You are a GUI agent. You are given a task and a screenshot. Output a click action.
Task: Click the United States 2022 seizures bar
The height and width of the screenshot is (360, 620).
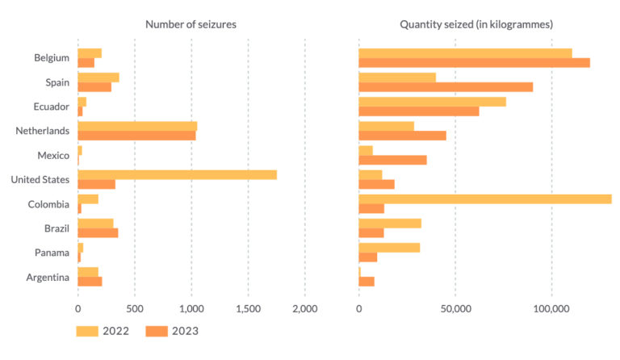tap(177, 174)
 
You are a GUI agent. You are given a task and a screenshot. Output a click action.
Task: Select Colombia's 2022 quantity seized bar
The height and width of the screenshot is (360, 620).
tap(484, 199)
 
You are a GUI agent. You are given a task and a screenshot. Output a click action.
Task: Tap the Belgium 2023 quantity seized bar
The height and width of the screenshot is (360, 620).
tap(474, 63)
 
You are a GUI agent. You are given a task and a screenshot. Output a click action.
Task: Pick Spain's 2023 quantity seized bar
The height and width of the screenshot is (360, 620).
tap(445, 87)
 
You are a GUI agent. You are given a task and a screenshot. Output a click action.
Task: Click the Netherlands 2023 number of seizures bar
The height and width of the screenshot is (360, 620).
tap(136, 136)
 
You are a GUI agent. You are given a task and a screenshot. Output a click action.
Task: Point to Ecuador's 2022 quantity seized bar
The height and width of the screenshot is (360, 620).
tap(432, 102)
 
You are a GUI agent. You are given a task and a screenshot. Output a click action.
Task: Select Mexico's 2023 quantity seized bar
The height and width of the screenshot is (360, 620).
tap(392, 160)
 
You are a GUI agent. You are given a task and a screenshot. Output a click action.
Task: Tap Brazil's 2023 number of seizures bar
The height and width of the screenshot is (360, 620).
tap(98, 232)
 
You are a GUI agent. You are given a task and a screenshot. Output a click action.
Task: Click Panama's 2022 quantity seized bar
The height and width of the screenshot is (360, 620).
tap(389, 247)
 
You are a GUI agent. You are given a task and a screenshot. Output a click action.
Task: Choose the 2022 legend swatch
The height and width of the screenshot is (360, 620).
tap(87, 331)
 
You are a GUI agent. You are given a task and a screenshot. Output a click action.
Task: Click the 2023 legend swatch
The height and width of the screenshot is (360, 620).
tap(158, 331)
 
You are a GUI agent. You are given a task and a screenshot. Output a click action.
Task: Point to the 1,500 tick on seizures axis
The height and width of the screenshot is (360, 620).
tap(249, 308)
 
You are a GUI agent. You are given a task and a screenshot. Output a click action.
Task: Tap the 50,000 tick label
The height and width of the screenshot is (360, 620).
tap(455, 308)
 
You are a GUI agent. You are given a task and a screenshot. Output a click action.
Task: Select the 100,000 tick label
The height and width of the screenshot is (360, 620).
tap(551, 308)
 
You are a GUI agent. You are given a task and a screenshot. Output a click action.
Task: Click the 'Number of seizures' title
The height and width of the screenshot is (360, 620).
tap(191, 25)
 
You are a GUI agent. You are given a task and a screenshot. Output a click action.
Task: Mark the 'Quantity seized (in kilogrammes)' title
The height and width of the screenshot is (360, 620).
tap(476, 25)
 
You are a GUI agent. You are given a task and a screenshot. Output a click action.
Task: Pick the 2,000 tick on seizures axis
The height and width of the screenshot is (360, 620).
tap(305, 308)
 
